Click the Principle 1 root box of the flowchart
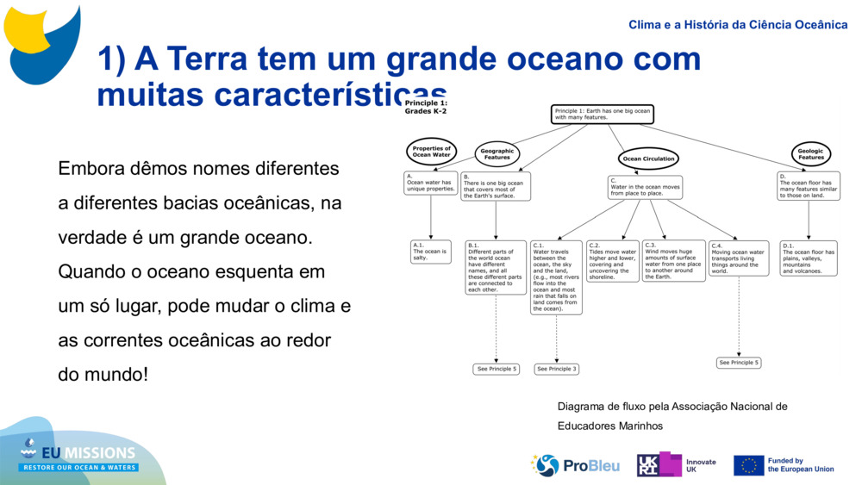pyautogui.click(x=603, y=114)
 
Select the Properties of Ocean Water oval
pyautogui.click(x=431, y=152)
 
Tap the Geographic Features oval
pyautogui.click(x=497, y=154)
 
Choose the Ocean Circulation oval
pyautogui.click(x=648, y=159)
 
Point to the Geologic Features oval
pyautogui.click(x=810, y=154)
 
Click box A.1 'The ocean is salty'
pyautogui.click(x=430, y=252)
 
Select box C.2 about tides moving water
pyautogui.click(x=613, y=261)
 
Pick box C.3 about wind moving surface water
pyautogui.click(x=674, y=261)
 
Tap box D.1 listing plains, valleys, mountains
pyautogui.click(x=809, y=258)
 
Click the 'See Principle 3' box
pyautogui.click(x=556, y=369)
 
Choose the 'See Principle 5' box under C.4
pyautogui.click(x=739, y=363)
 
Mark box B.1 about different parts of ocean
pyautogui.click(x=496, y=267)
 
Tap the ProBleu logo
pyautogui.click(x=575, y=465)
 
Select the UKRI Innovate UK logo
pyautogui.click(x=677, y=465)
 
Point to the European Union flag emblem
pyautogui.click(x=748, y=465)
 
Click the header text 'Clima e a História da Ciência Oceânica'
pyautogui.click(x=738, y=25)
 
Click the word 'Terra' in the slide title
pyautogui.click(x=219, y=59)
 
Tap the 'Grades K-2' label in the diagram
pyautogui.click(x=426, y=111)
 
